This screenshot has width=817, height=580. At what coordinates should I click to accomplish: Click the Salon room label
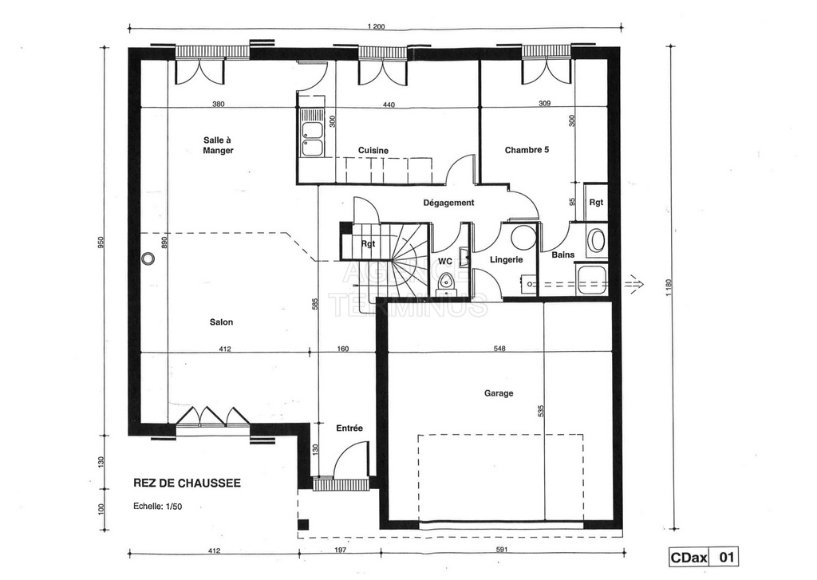[x=222, y=322]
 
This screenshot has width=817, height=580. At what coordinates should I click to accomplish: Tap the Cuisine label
[x=373, y=151]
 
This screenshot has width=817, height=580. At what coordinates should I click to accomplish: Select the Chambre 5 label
[x=527, y=150]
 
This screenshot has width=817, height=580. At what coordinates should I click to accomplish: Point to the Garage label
[x=499, y=393]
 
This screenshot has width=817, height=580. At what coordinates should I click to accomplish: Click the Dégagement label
[x=448, y=203]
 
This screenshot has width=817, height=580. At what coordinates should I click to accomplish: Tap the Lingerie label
[x=507, y=259]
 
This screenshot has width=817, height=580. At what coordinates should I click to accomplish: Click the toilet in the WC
[x=445, y=282]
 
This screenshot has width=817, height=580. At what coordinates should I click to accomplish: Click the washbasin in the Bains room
[x=596, y=241]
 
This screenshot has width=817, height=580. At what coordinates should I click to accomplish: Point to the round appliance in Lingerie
[x=523, y=238]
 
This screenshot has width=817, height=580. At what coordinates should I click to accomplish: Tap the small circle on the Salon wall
[x=148, y=258]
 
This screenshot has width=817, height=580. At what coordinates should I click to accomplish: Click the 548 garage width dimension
[x=499, y=349]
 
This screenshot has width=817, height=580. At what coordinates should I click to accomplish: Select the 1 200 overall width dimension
[x=377, y=27]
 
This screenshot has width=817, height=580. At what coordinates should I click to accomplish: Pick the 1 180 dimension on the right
[x=670, y=288]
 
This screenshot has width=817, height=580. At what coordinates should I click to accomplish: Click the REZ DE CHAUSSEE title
[x=187, y=483]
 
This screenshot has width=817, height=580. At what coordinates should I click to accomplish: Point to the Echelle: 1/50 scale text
[x=158, y=506]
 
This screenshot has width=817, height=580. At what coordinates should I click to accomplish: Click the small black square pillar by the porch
[x=302, y=524]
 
